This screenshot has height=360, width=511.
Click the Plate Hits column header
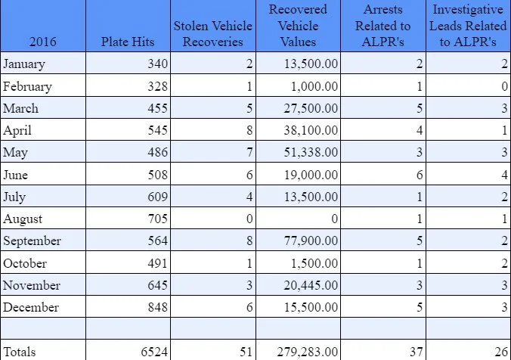pyautogui.click(x=128, y=42)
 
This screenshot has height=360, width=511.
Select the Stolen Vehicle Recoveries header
pyautogui.click(x=213, y=33)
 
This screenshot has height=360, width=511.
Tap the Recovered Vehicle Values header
pyautogui.click(x=298, y=26)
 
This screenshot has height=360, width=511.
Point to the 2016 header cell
pyautogui.click(x=42, y=42)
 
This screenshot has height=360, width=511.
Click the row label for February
pyautogui.click(x=27, y=86)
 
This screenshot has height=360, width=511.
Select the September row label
pyautogui.click(x=32, y=241)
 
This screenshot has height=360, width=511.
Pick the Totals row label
pyautogui.click(x=19, y=352)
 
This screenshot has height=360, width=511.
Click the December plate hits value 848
pyautogui.click(x=158, y=307)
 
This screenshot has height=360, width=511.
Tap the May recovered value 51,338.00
pyautogui.click(x=311, y=152)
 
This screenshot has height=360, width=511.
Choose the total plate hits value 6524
pyautogui.click(x=154, y=352)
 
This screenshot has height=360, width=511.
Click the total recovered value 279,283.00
pyautogui.click(x=308, y=352)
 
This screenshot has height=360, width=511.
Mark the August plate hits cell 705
pyautogui.click(x=158, y=219)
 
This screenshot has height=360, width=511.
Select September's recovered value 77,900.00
pyautogui.click(x=311, y=241)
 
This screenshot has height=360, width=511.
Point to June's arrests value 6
pyautogui.click(x=420, y=175)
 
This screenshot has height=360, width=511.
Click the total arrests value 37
pyautogui.click(x=417, y=352)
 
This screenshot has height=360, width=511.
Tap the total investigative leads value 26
pyautogui.click(x=501, y=352)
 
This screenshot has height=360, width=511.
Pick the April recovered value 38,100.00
pyautogui.click(x=311, y=130)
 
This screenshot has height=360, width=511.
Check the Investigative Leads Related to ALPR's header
pyautogui.click(x=468, y=26)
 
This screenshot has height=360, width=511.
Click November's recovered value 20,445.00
pyautogui.click(x=311, y=285)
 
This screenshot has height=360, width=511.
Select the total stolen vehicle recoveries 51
pyautogui.click(x=246, y=352)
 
